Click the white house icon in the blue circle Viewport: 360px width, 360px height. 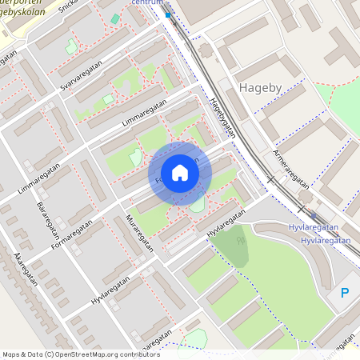[180, 173]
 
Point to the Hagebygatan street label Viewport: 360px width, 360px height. [223, 118]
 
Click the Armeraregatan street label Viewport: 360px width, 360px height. [290, 166]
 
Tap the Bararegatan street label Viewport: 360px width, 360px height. [50, 222]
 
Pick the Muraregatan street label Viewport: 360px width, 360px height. [139, 233]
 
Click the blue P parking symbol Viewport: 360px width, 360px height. [345, 294]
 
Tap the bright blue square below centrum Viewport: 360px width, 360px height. [168, 14]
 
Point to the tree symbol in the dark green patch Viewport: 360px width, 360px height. [240, 240]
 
